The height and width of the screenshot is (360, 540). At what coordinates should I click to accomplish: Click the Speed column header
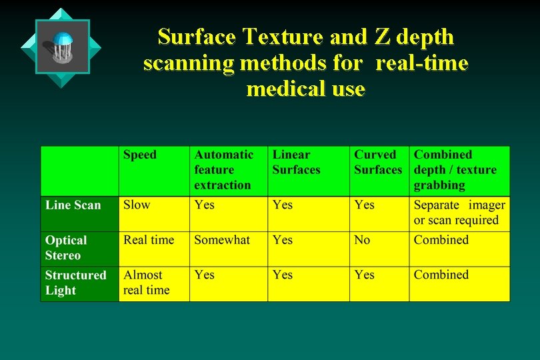tap(140, 155)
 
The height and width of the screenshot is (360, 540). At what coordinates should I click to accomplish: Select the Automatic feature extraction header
tap(223, 170)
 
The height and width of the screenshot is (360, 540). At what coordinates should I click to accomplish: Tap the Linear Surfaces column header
tap(296, 162)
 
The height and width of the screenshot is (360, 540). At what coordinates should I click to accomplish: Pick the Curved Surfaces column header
tap(378, 162)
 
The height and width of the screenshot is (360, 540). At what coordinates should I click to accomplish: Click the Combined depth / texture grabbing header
tap(455, 170)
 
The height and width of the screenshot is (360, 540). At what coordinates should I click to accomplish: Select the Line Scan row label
tap(73, 205)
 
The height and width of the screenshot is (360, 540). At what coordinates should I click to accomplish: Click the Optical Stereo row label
tap(66, 247)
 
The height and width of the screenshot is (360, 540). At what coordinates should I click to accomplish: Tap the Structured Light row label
tap(75, 283)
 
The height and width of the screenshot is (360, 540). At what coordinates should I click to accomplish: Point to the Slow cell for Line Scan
tap(137, 205)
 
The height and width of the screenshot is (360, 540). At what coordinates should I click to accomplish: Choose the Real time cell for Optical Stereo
tap(149, 240)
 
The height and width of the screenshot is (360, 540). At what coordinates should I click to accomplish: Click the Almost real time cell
tap(146, 282)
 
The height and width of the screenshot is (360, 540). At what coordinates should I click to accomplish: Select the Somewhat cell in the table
tap(222, 240)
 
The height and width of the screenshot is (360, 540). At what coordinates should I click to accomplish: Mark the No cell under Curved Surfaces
tap(362, 240)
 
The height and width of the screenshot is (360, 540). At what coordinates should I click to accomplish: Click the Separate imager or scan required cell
tap(459, 213)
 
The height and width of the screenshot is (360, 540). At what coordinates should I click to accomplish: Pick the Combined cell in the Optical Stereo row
tap(441, 240)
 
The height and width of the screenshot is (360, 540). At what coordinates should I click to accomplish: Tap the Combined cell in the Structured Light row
tap(441, 275)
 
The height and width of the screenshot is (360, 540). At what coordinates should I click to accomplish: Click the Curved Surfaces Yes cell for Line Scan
tap(364, 205)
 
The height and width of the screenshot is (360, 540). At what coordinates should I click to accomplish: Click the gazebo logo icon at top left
tap(62, 47)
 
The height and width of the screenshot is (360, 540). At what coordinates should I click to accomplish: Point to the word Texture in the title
tap(272, 37)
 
